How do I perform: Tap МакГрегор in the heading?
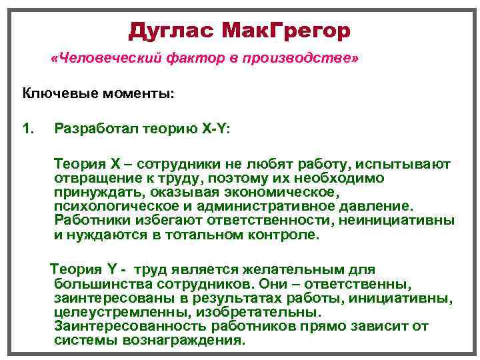(x=287, y=30)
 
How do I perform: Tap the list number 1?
(x=27, y=128)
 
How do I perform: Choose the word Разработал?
(x=96, y=128)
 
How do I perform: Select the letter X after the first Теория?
(x=113, y=164)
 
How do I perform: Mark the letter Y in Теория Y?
(x=112, y=269)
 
